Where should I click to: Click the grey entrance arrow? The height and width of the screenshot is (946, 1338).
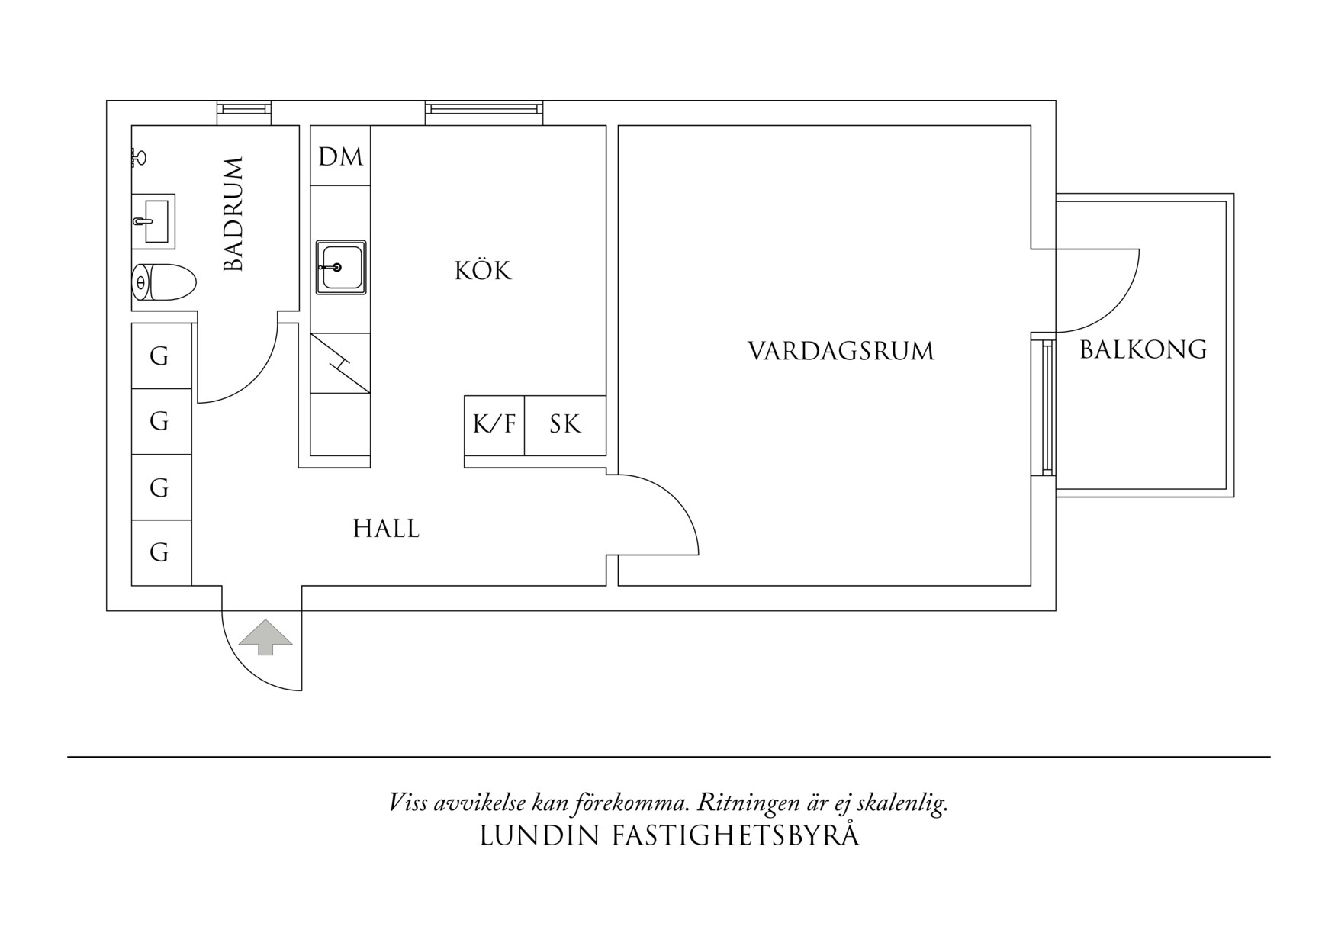click(x=265, y=637)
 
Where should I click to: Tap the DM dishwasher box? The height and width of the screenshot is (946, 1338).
click(x=340, y=156)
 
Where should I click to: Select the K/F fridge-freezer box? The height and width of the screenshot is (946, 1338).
click(x=494, y=425)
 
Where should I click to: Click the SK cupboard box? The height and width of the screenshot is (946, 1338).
click(x=565, y=425)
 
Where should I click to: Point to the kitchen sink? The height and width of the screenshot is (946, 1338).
click(x=341, y=267)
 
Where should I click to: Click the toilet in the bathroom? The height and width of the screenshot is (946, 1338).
click(x=164, y=282)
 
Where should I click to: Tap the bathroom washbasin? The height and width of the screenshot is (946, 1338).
click(x=153, y=221)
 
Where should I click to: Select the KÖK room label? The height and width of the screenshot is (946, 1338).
click(x=482, y=271)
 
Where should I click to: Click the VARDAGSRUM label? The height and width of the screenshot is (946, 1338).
click(x=841, y=351)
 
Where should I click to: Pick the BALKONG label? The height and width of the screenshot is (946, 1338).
click(x=1143, y=349)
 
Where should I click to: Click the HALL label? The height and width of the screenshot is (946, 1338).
click(x=386, y=529)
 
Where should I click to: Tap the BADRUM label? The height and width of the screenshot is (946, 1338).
click(x=233, y=214)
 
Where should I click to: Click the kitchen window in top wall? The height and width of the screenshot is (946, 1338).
click(x=484, y=111)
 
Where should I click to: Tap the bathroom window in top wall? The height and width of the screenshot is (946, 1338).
click(x=244, y=111)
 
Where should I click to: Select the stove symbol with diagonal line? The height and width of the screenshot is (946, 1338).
click(x=340, y=363)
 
